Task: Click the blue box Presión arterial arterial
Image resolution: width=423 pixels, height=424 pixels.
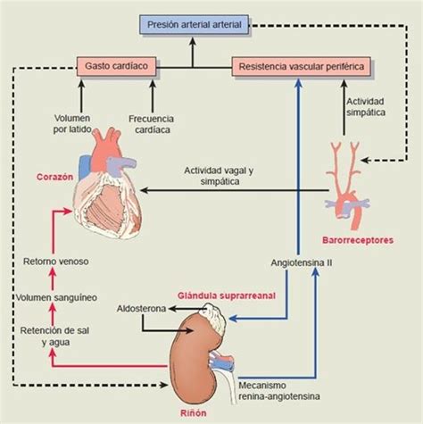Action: pyautogui.click(x=194, y=24)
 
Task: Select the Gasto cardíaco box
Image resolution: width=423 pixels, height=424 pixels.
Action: pyautogui.click(x=116, y=66)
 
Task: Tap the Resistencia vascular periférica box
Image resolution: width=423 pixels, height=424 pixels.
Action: pyautogui.click(x=302, y=66)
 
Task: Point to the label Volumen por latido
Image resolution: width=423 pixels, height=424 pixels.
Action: pyautogui.click(x=72, y=124)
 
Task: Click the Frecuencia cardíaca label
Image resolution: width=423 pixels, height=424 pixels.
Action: pyautogui.click(x=152, y=124)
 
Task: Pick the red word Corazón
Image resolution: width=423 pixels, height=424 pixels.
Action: pyautogui.click(x=54, y=177)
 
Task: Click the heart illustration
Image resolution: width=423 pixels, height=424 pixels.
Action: pyautogui.click(x=107, y=183)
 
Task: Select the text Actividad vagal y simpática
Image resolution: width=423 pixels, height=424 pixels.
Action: pyautogui.click(x=219, y=176)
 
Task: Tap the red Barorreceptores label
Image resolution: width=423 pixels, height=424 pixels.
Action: pyautogui.click(x=358, y=240)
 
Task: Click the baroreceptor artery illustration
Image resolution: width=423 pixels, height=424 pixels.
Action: pyautogui.click(x=347, y=185)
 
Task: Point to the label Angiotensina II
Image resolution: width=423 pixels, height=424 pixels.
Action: pyautogui.click(x=302, y=263)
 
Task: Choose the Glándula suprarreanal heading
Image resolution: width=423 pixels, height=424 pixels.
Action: pyautogui.click(x=227, y=295)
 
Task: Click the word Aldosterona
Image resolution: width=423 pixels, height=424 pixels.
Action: pyautogui.click(x=141, y=309)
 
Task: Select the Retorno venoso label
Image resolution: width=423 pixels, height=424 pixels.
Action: pyautogui.click(x=56, y=262)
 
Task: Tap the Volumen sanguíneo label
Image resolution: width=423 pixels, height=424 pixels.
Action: pyautogui.click(x=56, y=297)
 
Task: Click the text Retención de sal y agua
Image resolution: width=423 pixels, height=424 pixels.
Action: pyautogui.click(x=55, y=337)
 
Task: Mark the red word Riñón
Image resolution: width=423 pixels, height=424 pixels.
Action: pyautogui.click(x=194, y=413)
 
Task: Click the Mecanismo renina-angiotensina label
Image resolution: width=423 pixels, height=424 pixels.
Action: pyautogui.click(x=279, y=391)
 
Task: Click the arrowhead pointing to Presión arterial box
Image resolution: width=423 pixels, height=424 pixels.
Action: pyautogui.click(x=193, y=41)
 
